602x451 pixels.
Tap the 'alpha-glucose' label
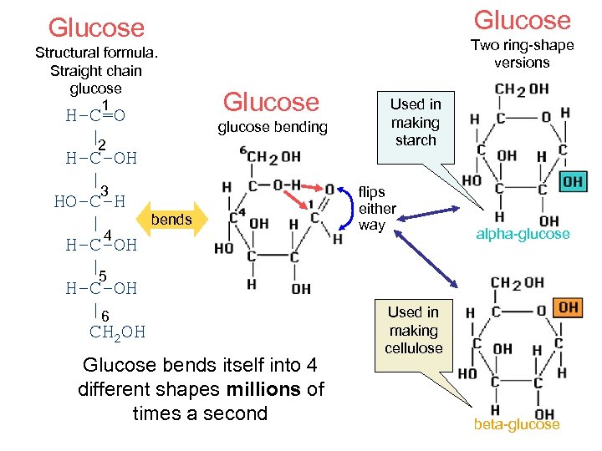(x=523, y=234)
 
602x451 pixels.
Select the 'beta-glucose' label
(x=516, y=425)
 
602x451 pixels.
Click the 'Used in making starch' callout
(x=416, y=122)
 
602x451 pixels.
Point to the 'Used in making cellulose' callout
(x=413, y=330)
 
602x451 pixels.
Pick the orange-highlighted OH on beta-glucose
(x=569, y=307)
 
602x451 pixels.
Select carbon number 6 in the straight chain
(x=105, y=316)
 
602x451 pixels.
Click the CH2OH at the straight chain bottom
(x=117, y=332)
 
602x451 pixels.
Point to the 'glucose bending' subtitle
(x=272, y=127)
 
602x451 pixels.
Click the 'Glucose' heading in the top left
(x=96, y=28)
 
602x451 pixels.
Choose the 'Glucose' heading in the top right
(x=522, y=20)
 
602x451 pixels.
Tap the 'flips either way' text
(x=377, y=209)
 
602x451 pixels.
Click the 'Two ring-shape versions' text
(x=522, y=54)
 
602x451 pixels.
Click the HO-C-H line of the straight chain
(x=89, y=201)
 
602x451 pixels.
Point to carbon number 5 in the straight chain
(x=102, y=276)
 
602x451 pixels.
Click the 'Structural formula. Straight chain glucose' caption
(x=96, y=71)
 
